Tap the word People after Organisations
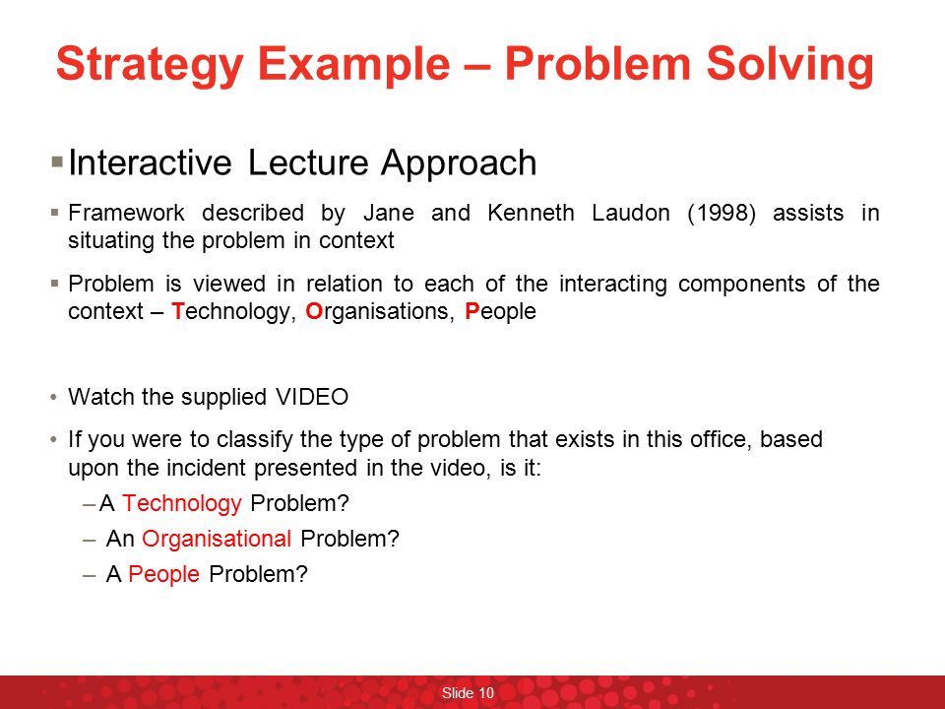tap(500, 312)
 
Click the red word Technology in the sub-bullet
tap(182, 503)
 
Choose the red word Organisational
tap(217, 539)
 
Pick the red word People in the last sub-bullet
tap(164, 574)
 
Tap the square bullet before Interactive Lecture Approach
tap(57, 161)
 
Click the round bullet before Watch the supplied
tap(53, 398)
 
